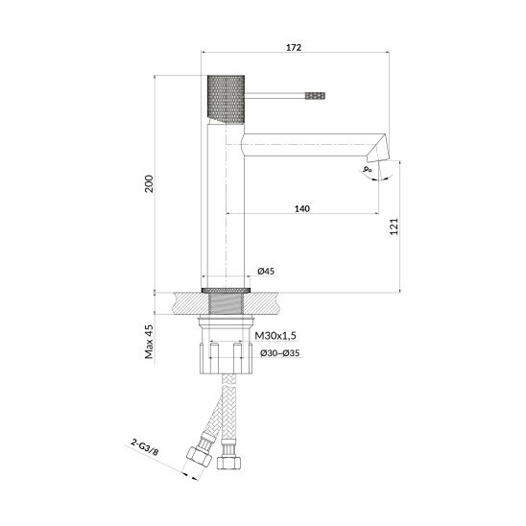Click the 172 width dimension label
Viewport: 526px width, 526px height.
[x=294, y=48]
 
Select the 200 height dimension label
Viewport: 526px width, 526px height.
[x=149, y=184]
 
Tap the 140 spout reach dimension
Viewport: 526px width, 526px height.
[x=302, y=208]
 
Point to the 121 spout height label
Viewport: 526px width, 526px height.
[x=394, y=227]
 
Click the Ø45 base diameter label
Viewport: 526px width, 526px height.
[x=266, y=271]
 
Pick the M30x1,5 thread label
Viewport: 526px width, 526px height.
[x=275, y=335]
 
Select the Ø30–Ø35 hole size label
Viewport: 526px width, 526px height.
[x=280, y=353]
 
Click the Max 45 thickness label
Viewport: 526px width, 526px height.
[x=149, y=342]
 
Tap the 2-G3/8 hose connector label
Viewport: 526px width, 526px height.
[x=145, y=447]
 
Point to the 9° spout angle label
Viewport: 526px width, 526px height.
[x=368, y=169]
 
